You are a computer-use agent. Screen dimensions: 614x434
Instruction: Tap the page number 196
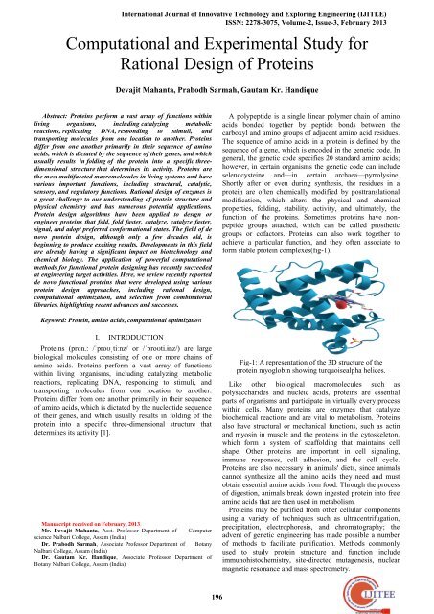coord(217,595)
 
